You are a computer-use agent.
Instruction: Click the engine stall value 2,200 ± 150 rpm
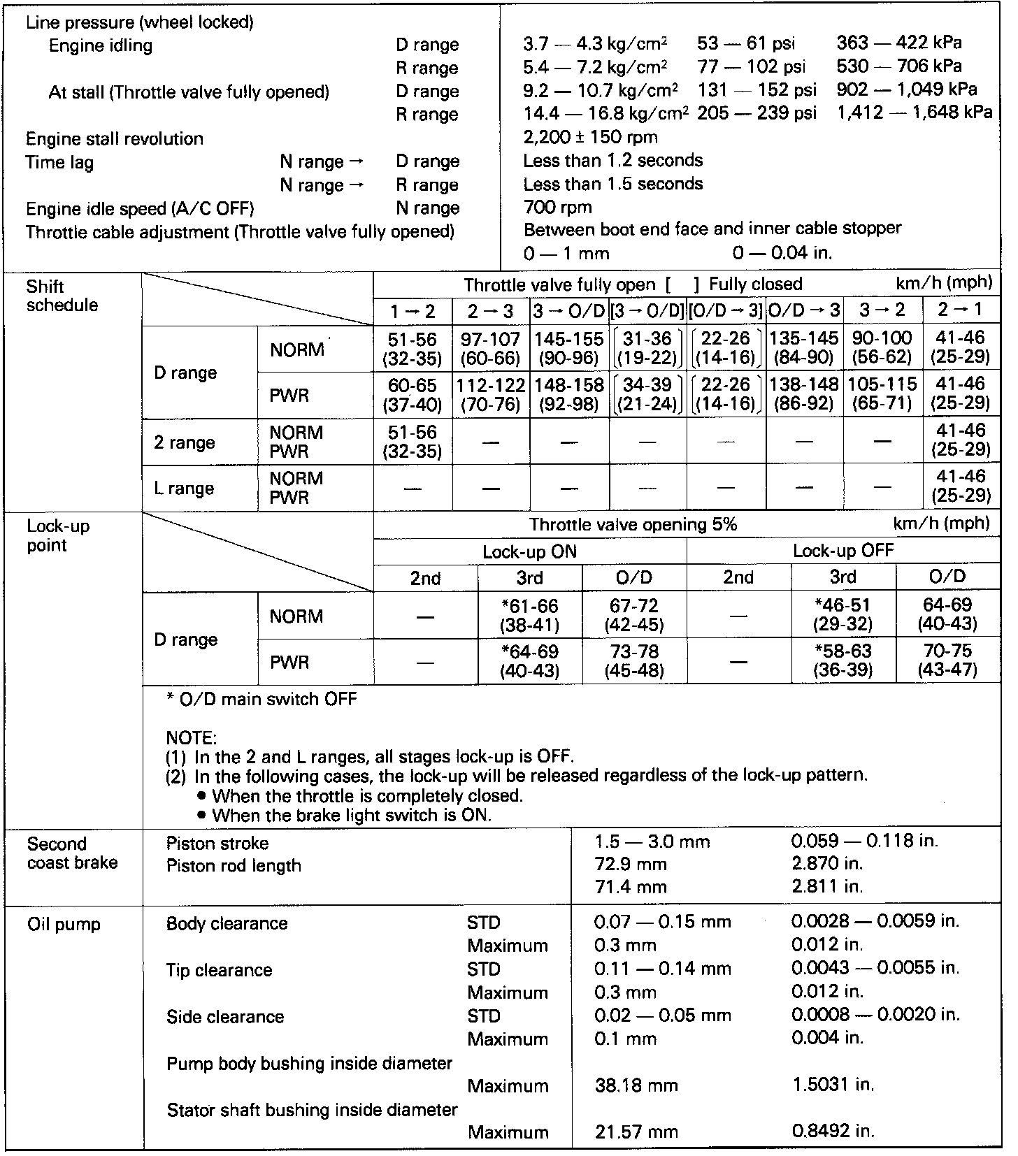[x=590, y=137]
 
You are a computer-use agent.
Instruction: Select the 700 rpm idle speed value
[x=557, y=207]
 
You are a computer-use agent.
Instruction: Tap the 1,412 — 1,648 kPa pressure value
[x=915, y=113]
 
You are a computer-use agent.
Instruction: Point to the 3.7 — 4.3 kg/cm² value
[x=595, y=43]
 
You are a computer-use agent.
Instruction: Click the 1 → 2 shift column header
[x=413, y=310]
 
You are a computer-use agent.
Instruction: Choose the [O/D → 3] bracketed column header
[x=726, y=310]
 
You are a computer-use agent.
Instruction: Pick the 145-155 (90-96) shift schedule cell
[x=568, y=348]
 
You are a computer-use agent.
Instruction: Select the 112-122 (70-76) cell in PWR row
[x=491, y=394]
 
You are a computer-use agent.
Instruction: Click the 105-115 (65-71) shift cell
[x=882, y=394]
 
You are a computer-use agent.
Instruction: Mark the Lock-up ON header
[x=529, y=551]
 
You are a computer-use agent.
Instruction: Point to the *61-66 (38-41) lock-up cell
[x=529, y=615]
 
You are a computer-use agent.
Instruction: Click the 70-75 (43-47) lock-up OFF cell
[x=947, y=661]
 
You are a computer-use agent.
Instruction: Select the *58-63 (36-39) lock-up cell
[x=843, y=661]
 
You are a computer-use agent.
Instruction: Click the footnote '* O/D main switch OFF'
[x=261, y=699]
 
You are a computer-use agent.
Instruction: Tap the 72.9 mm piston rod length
[x=630, y=864]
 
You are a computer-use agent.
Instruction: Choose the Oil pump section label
[x=64, y=924]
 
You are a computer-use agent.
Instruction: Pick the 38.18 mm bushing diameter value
[x=636, y=1086]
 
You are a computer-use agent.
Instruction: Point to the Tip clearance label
[x=219, y=970]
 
